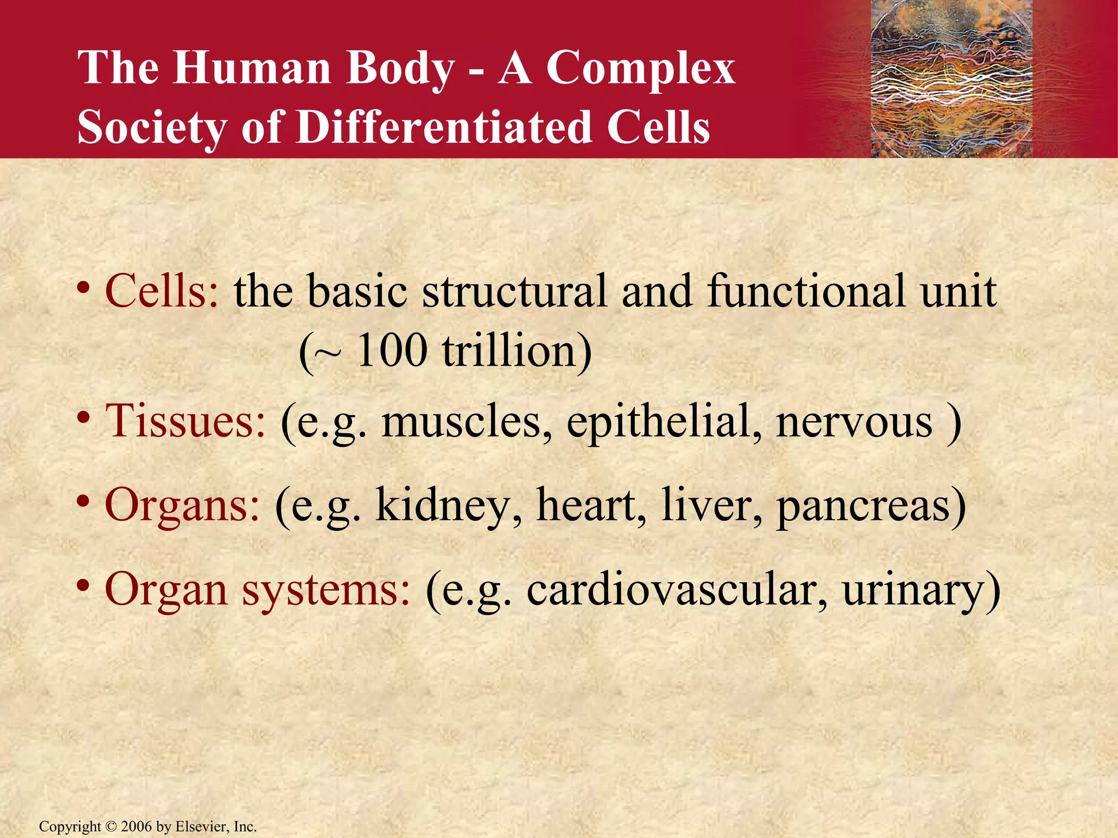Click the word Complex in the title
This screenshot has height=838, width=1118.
coord(640,68)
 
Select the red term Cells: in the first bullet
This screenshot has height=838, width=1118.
coord(162,291)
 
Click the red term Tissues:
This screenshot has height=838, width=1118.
coord(185,422)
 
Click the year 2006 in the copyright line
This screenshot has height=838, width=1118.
coord(136,827)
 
